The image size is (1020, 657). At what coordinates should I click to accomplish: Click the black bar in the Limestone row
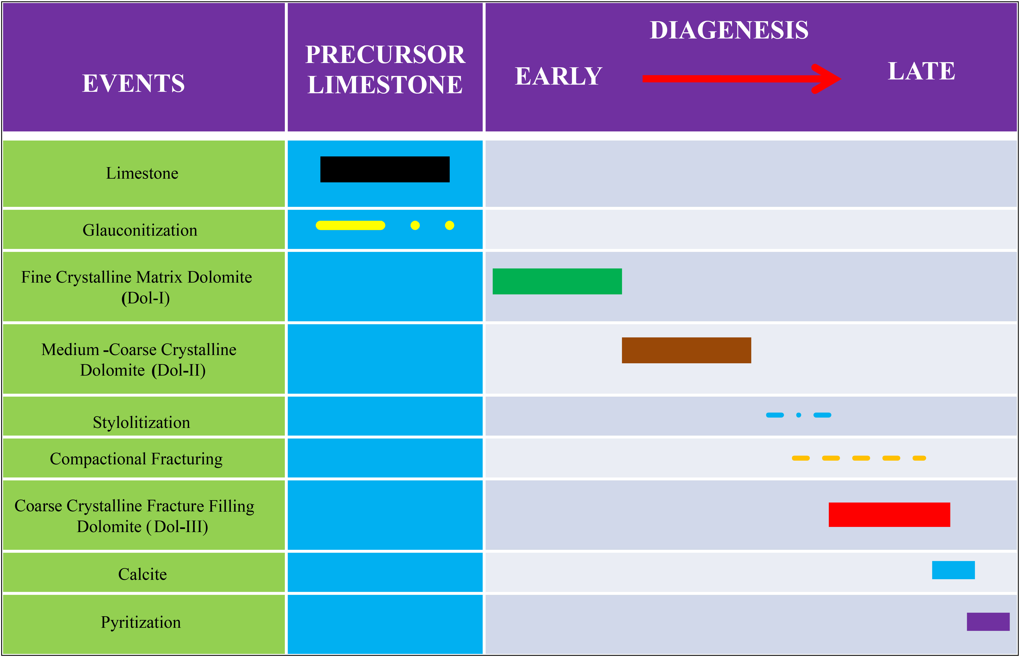(x=385, y=169)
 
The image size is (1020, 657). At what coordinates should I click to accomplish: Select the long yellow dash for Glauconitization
(x=350, y=225)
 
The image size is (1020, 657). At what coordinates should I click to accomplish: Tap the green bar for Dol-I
(x=557, y=281)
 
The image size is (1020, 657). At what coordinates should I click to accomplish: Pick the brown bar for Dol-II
(x=686, y=350)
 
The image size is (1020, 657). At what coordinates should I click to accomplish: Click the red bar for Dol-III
(x=890, y=515)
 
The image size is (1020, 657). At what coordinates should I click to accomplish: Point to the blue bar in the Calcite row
(x=954, y=570)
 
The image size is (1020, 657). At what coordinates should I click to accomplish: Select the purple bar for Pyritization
(x=988, y=622)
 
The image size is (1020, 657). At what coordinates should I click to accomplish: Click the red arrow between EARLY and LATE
(x=741, y=78)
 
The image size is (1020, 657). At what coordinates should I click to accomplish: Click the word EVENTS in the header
(x=134, y=83)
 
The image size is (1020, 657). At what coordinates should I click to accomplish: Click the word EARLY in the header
(x=558, y=76)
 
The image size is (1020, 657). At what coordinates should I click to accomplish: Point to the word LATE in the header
(x=921, y=71)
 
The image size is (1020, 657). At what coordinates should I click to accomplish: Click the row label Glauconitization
(x=140, y=230)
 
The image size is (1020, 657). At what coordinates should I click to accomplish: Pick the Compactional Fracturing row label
(x=136, y=459)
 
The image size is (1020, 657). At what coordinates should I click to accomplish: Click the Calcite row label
(x=142, y=574)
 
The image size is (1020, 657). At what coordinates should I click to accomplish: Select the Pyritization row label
(x=141, y=622)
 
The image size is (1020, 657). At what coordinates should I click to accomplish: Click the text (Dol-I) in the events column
(x=146, y=298)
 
